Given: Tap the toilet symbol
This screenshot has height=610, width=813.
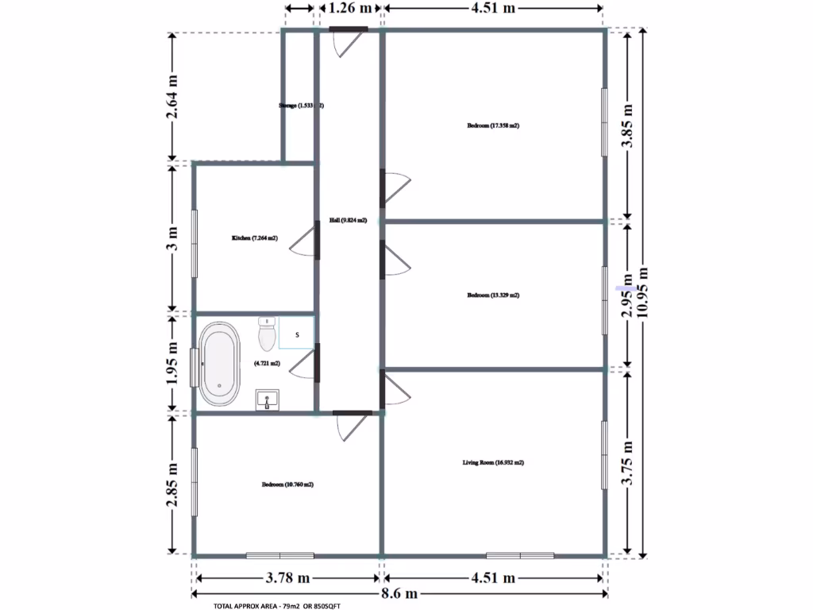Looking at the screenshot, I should tap(267, 335).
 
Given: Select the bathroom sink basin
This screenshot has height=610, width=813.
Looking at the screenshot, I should tap(268, 400).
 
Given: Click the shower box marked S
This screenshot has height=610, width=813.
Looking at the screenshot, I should tap(297, 334).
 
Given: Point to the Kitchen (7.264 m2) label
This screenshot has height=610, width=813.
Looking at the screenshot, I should tap(254, 238).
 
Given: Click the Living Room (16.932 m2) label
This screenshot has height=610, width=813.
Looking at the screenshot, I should tap(493, 462).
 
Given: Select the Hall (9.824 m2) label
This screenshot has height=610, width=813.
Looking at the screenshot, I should tap(348, 221).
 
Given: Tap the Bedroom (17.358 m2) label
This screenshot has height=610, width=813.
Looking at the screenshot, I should tap(493, 125).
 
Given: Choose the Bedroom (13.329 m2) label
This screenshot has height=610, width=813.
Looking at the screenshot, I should tap(493, 295).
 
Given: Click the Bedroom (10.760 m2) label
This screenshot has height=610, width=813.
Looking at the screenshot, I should tap(287, 485).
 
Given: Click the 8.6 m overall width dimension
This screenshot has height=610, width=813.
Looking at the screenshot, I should tap(399, 595).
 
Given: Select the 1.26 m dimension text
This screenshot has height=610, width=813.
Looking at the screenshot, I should tap(350, 9).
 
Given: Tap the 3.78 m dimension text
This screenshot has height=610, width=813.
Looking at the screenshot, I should tap(287, 577).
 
